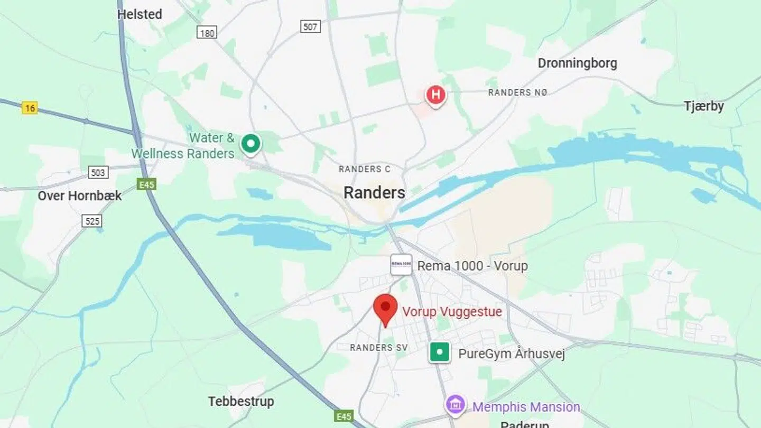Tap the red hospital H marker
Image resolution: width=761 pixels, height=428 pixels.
pos(435,96)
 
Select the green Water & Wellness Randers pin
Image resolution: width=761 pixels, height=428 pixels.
pos(250,143)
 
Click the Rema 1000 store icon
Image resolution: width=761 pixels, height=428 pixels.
pos(401,265)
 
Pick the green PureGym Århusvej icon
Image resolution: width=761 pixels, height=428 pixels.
pos(440,352)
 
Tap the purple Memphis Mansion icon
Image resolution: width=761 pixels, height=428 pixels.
pos(455,406)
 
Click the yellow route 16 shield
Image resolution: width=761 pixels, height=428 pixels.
pos(30,108)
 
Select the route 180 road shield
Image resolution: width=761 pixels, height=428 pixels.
pos(207,33)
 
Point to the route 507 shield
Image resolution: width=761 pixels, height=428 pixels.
pos(311,26)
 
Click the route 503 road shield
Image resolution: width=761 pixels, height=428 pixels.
pos(98,172)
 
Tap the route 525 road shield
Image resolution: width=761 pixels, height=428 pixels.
pos(92,221)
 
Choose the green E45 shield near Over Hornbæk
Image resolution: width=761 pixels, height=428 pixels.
pos(146,184)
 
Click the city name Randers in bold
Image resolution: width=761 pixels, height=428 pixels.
pos(374,193)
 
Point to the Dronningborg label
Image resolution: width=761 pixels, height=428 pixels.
pos(577,63)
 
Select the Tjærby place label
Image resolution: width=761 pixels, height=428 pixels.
pos(704,106)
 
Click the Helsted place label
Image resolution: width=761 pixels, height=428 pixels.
pos(140,14)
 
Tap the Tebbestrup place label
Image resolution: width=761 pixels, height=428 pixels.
pos(241,402)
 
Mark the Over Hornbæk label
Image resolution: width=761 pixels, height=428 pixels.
pos(79,196)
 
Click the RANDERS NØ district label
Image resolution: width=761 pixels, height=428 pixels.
pos(517,92)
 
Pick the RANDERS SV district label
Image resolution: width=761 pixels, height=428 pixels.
pos(379,348)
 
